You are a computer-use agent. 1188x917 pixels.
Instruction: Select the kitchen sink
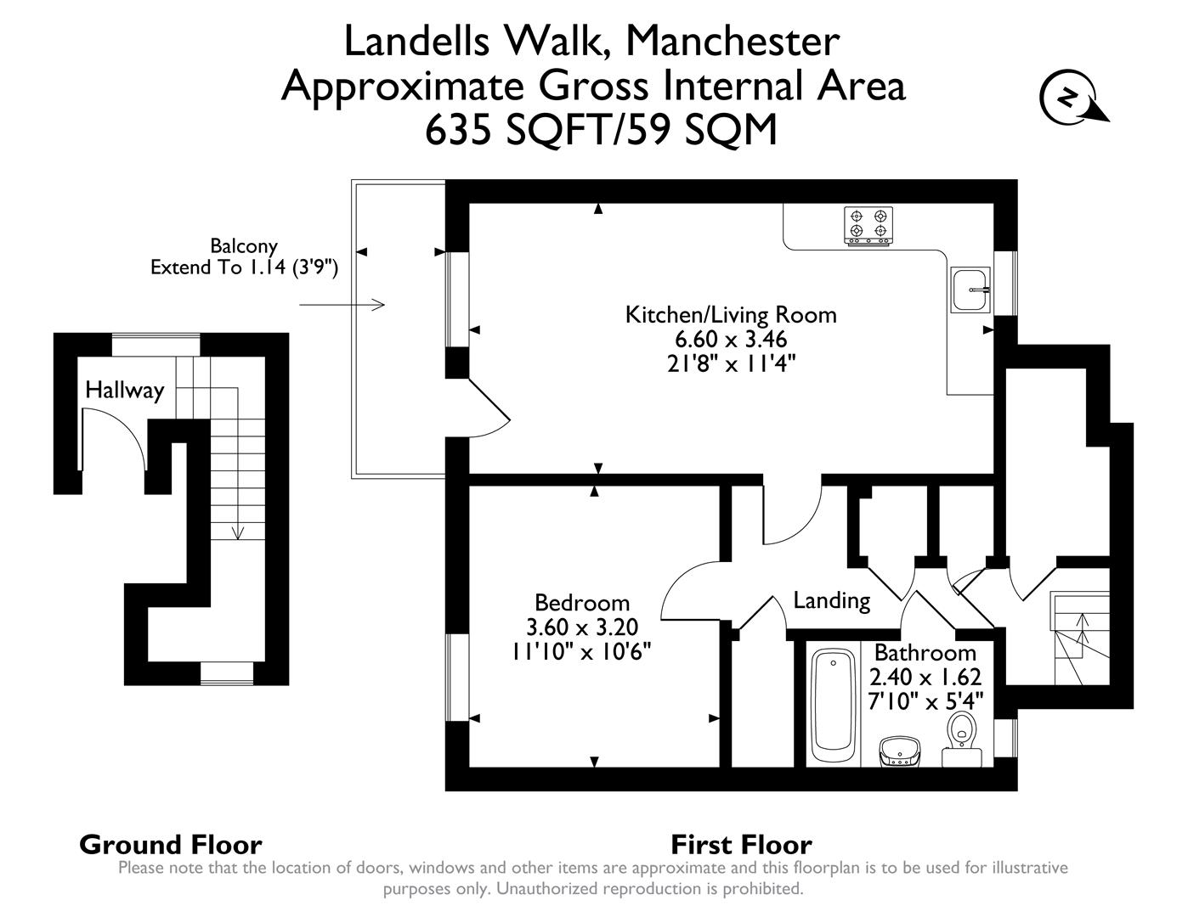[970, 290]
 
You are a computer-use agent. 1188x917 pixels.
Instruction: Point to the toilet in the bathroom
[961, 730]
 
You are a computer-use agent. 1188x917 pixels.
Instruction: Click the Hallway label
[124, 391]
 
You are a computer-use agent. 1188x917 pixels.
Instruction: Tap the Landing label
[831, 601]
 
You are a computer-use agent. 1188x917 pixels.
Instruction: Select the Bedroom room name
[582, 603]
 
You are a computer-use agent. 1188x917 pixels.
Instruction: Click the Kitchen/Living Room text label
[731, 315]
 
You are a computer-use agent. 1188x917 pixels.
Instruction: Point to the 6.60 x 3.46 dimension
[731, 339]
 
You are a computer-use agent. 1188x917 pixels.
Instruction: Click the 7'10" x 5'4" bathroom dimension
[925, 701]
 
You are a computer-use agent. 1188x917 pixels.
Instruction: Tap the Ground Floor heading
[170, 845]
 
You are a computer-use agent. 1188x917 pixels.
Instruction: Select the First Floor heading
[741, 845]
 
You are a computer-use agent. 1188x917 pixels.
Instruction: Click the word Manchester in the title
[732, 41]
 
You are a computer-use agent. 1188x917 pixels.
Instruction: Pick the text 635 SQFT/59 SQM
[601, 130]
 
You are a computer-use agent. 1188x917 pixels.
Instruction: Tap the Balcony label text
[244, 246]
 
